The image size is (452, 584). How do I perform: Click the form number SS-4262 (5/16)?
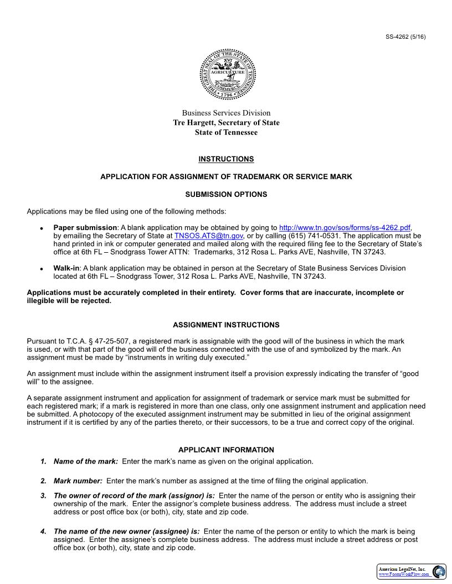(405, 37)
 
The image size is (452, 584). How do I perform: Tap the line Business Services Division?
(226, 113)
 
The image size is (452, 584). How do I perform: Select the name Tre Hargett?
(194, 123)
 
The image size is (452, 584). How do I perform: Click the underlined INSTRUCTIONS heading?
(226, 159)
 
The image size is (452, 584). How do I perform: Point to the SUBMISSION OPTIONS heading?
(226, 195)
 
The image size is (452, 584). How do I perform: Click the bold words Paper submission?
(85, 228)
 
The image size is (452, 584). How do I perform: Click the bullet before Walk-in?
(42, 269)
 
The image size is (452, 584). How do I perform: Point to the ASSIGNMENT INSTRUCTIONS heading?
(226, 325)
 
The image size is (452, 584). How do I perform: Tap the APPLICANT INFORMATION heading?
(226, 450)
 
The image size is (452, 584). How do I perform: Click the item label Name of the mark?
(85, 461)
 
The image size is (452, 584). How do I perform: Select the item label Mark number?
(78, 481)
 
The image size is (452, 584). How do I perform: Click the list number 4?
(43, 531)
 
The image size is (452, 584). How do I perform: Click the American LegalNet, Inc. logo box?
(412, 572)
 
